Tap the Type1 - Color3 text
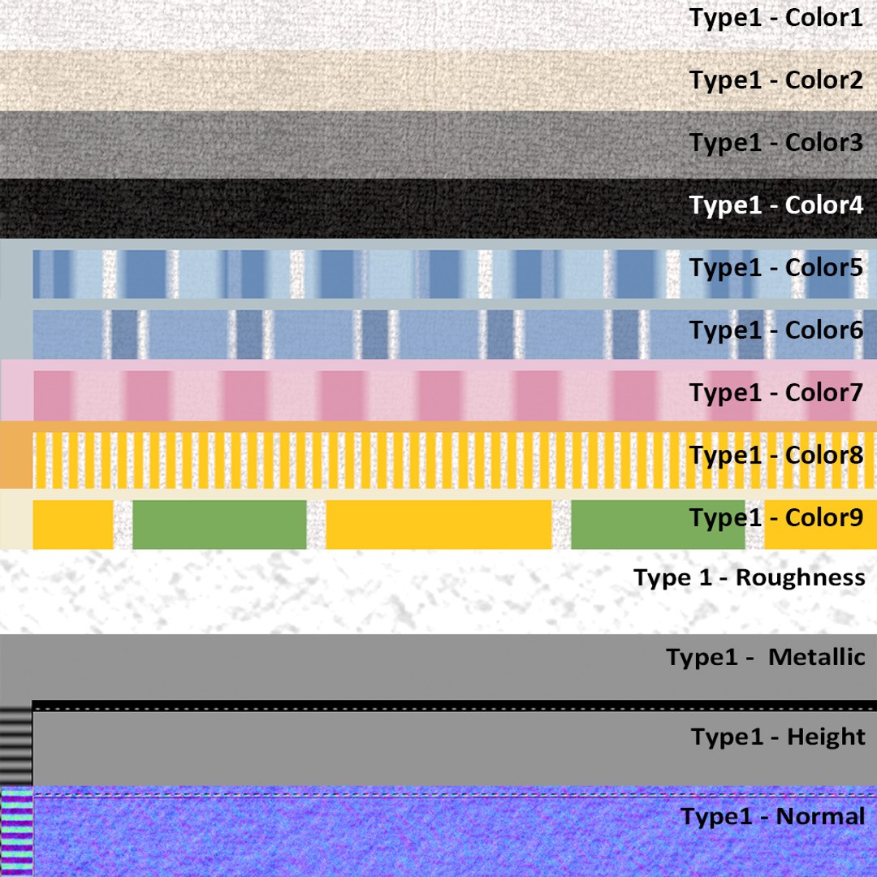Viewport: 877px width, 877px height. (x=776, y=144)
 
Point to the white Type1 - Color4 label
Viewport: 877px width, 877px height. (x=776, y=205)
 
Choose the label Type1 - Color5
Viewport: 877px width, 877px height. (x=776, y=269)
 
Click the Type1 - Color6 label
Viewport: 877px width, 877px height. (x=776, y=331)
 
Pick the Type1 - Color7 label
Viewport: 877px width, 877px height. (x=776, y=394)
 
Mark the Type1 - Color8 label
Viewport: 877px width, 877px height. (x=776, y=456)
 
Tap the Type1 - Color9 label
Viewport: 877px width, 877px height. (x=776, y=518)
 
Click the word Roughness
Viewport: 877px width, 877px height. (x=801, y=578)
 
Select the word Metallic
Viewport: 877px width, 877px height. (x=817, y=657)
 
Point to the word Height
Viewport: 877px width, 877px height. (x=826, y=737)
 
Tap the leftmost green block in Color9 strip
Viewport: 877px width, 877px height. (x=220, y=525)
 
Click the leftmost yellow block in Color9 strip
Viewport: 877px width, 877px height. (x=73, y=525)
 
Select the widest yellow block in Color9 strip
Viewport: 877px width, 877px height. (x=439, y=525)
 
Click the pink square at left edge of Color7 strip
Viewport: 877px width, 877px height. (x=17, y=391)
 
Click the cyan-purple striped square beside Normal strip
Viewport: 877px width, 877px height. (x=17, y=832)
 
